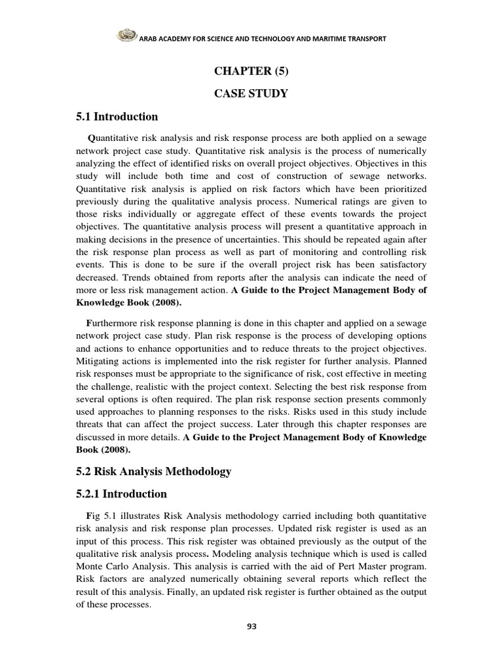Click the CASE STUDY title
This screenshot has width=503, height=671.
pos(251,94)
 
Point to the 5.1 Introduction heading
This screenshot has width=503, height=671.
pos(117,117)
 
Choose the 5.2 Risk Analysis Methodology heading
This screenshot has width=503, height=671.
pos(154,472)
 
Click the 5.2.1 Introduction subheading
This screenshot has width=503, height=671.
pos(122,493)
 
